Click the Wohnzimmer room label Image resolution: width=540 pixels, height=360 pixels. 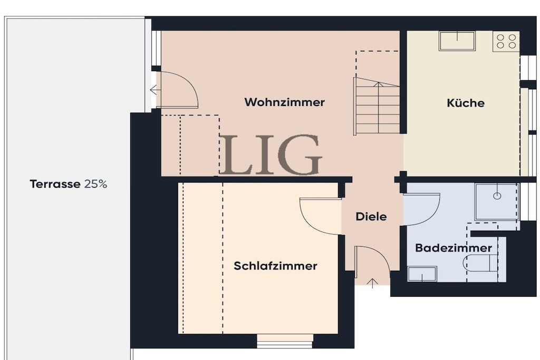click(284, 102)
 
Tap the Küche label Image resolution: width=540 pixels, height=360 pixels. click(466, 103)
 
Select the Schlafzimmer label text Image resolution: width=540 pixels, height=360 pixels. click(275, 266)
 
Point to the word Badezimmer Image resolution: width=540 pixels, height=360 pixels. click(454, 248)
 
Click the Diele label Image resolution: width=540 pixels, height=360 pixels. click(371, 217)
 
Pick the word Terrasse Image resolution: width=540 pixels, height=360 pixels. click(55, 184)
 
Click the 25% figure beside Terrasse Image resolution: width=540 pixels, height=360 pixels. click(96, 184)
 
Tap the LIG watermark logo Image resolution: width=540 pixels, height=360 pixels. click(271, 154)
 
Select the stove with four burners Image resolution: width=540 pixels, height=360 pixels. click(506, 41)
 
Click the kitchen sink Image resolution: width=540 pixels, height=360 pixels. click(457, 41)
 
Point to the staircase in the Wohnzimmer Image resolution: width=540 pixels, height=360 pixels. click(377, 105)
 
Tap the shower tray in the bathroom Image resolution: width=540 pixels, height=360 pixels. click(497, 201)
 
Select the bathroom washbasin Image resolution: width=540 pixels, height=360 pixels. click(422, 274)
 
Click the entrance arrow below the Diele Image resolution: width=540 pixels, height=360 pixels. click(372, 283)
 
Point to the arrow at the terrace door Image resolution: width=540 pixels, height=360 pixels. click(156, 90)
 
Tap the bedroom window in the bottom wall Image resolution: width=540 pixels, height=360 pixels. click(285, 340)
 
